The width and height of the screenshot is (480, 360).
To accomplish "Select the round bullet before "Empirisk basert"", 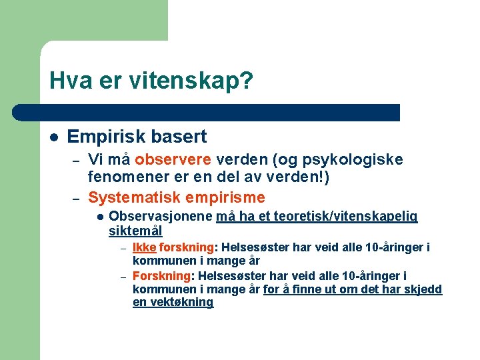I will coord(53,137).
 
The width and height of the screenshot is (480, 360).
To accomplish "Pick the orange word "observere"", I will coord(173,160).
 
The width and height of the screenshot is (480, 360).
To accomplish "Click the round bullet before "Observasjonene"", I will coord(99,217).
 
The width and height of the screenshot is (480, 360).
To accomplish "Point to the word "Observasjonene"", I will coord(161,217).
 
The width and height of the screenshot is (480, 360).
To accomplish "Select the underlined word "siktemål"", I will coord(135,231).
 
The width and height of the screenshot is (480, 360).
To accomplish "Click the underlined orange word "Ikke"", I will coord(145,248).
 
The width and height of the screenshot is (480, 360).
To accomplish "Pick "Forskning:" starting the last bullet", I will coord(163,276).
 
